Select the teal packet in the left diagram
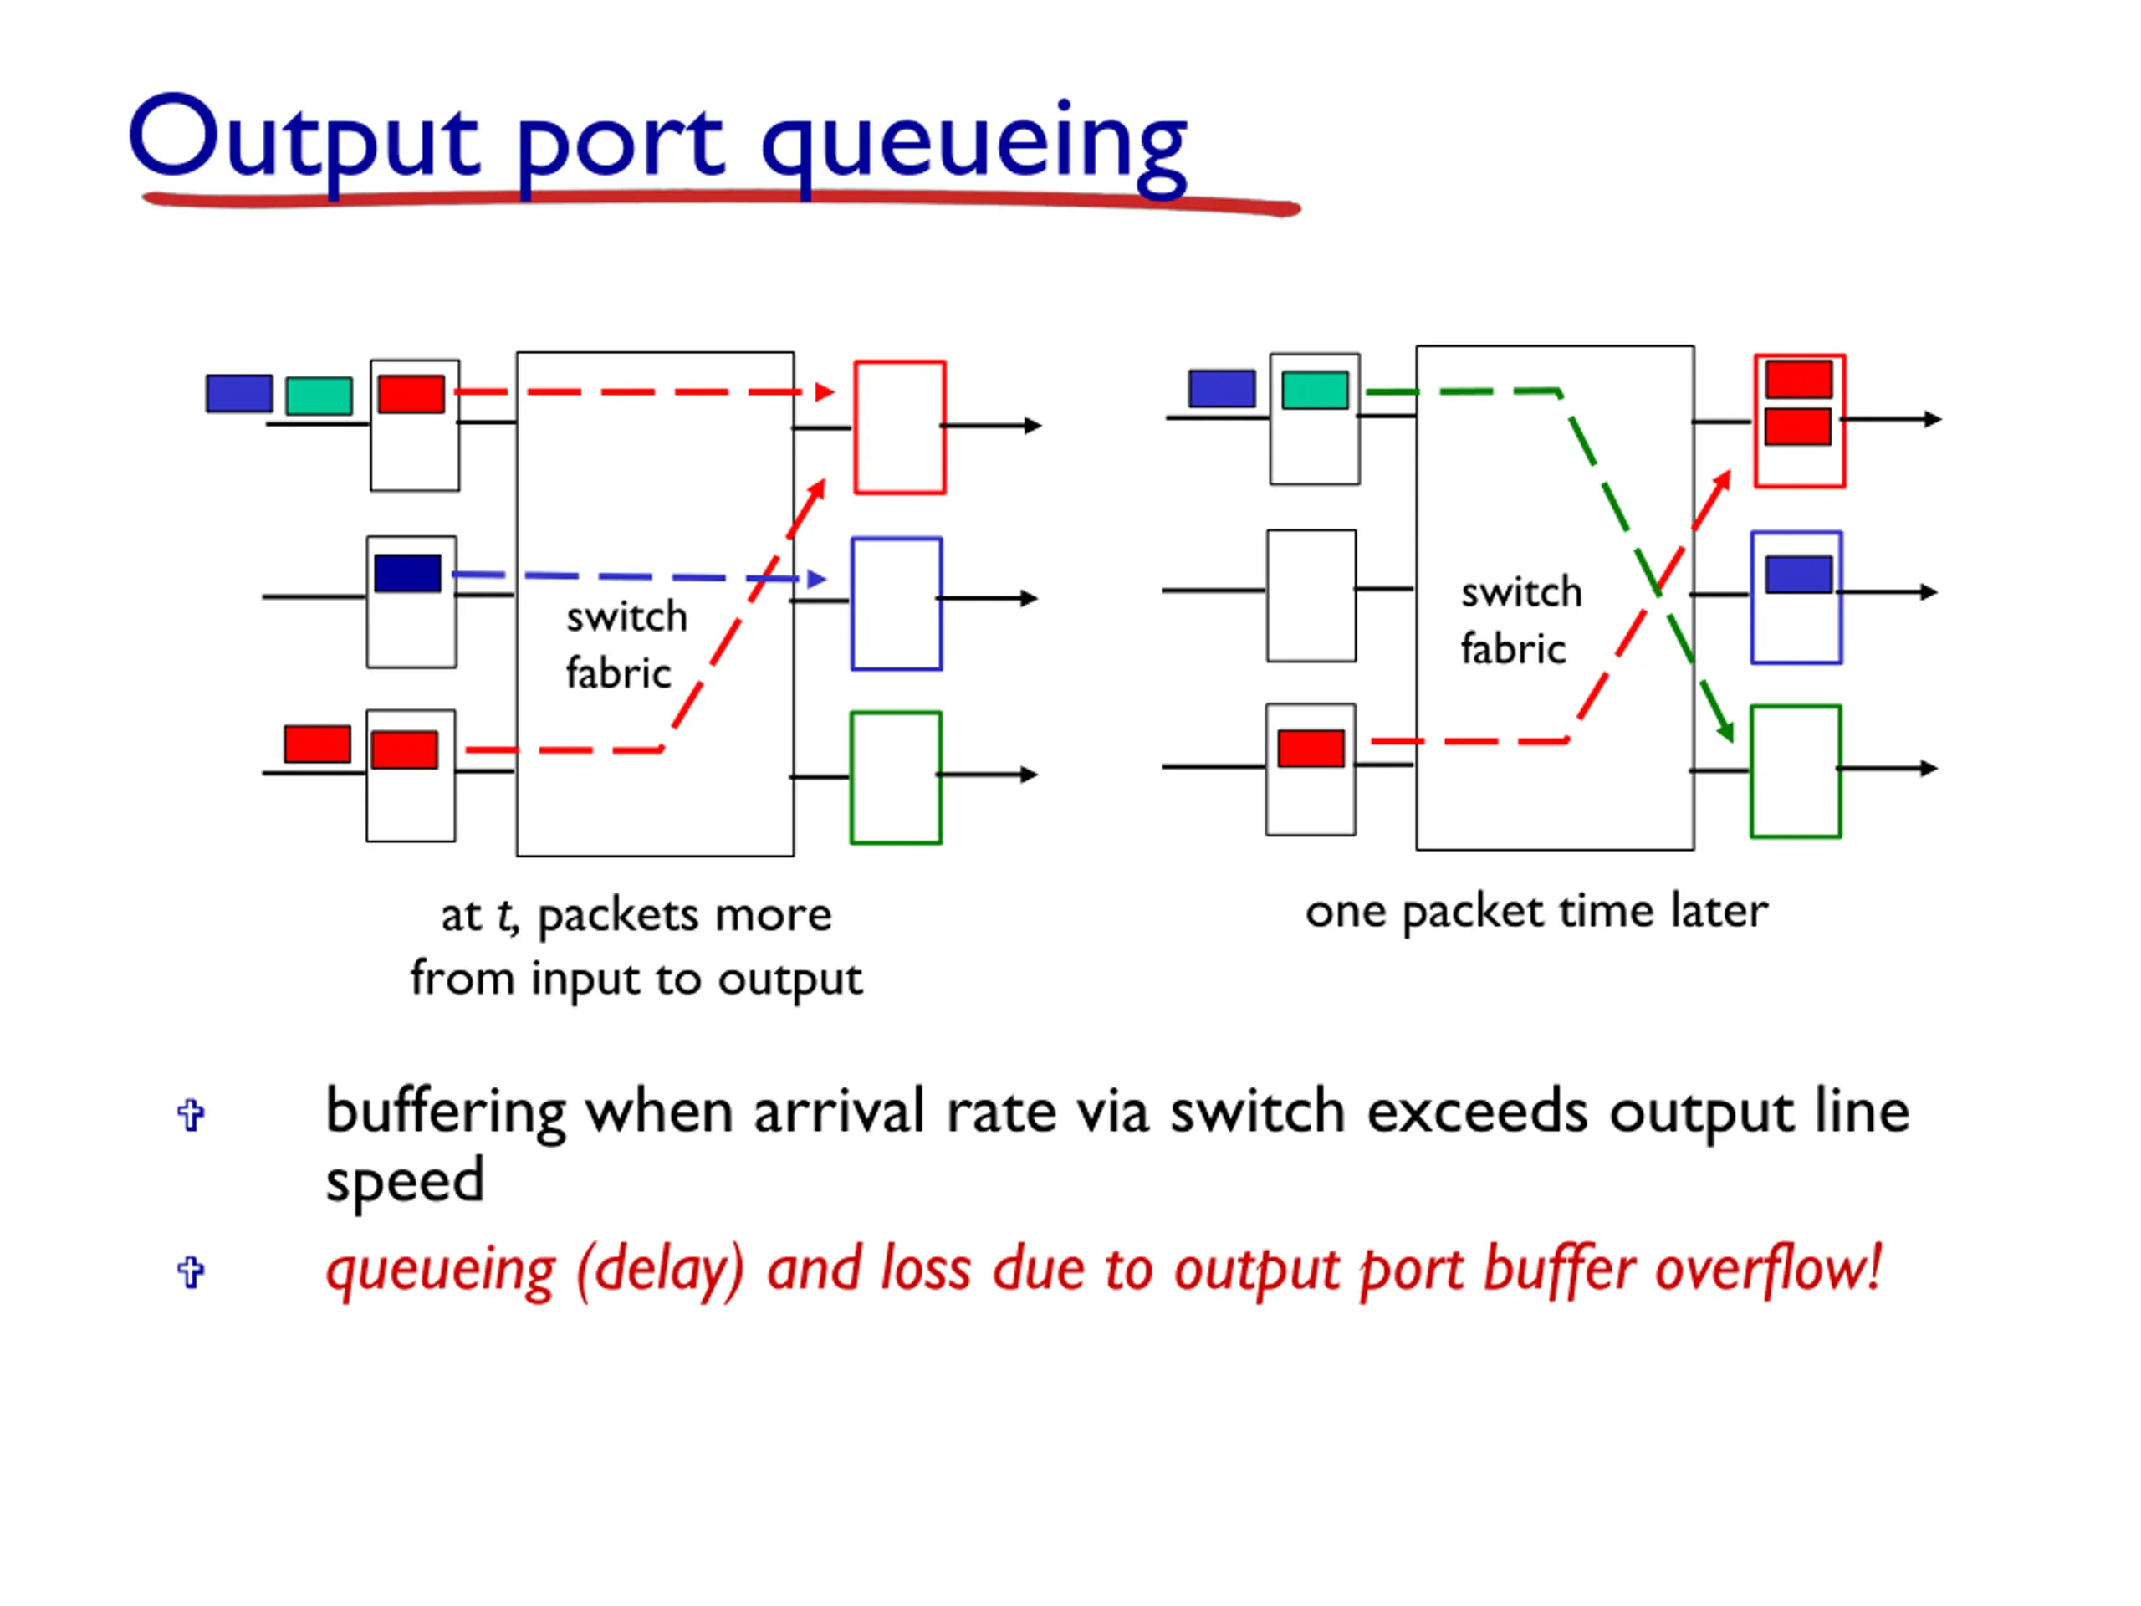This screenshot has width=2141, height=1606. pyautogui.click(x=319, y=396)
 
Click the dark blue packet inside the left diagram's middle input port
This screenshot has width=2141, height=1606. pyautogui.click(x=407, y=573)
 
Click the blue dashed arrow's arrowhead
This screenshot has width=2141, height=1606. pyautogui.click(x=817, y=579)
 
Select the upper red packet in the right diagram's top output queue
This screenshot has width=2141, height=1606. pyautogui.click(x=1798, y=380)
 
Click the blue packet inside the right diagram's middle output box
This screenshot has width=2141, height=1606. pyautogui.click(x=1798, y=574)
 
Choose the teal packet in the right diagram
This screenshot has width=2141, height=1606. pyautogui.click(x=1315, y=390)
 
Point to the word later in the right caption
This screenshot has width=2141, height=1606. pyautogui.click(x=1718, y=910)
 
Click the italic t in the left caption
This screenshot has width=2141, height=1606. pyautogui.click(x=506, y=915)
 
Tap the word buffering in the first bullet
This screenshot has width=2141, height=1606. pyautogui.click(x=445, y=1112)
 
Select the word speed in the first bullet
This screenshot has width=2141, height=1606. pyautogui.click(x=405, y=1180)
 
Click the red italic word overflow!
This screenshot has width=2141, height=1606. pyautogui.click(x=1767, y=1268)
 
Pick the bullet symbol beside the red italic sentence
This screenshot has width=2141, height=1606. pyautogui.click(x=191, y=1272)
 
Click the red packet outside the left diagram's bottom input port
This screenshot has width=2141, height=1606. pyautogui.click(x=318, y=744)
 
